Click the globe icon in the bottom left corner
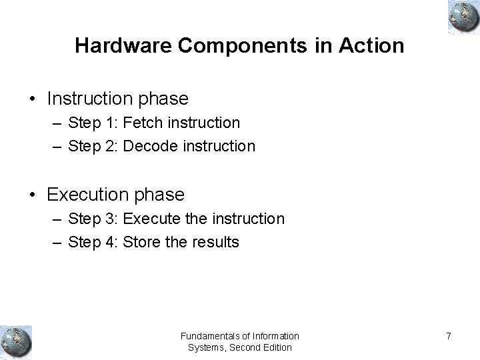pyautogui.click(x=15, y=341)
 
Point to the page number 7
pyautogui.click(x=449, y=336)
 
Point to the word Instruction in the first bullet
pyautogui.click(x=91, y=99)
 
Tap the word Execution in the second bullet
pyautogui.click(x=88, y=195)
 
